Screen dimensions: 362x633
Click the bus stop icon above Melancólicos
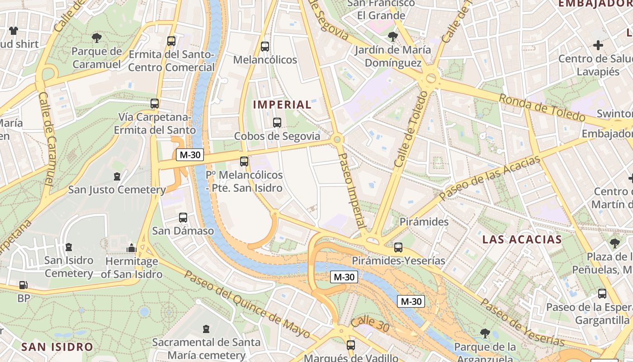click(265, 46)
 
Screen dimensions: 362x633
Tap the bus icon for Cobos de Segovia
click(277, 122)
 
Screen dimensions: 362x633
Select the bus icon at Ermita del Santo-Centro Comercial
click(171, 41)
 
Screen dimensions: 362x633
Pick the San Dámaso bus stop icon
click(183, 218)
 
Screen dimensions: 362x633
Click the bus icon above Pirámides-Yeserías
click(398, 248)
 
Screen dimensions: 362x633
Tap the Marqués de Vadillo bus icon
click(351, 345)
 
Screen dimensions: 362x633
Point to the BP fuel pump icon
click(23, 286)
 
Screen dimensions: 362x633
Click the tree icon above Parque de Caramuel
click(97, 38)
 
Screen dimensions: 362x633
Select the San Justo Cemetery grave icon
click(117, 176)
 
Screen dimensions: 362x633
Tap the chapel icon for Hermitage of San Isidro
click(132, 248)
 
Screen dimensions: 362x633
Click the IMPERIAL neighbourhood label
click(282, 105)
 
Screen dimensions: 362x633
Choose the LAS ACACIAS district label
click(522, 239)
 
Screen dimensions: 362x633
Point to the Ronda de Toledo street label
click(542, 108)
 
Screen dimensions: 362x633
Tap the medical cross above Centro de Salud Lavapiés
click(598, 45)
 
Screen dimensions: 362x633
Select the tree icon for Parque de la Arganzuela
click(485, 334)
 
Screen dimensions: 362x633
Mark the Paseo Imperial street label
click(352, 190)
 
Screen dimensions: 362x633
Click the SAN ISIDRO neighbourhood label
click(57, 347)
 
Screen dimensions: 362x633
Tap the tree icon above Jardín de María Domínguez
click(393, 37)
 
